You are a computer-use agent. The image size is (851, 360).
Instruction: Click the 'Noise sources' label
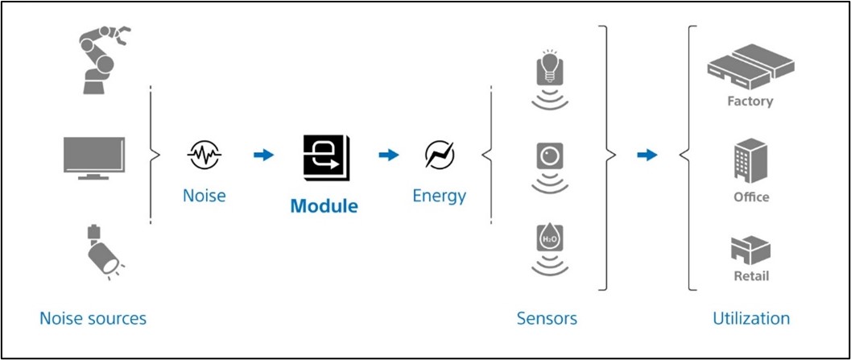(x=93, y=318)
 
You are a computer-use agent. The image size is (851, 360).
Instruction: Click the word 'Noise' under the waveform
(x=204, y=196)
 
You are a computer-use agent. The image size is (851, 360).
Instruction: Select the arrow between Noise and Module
(x=263, y=155)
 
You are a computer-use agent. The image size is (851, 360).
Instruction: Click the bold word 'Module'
(x=324, y=205)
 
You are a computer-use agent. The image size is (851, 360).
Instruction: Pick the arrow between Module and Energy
(x=389, y=155)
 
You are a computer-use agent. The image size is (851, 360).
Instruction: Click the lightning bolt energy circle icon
(x=440, y=155)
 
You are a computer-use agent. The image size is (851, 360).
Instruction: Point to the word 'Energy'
(x=439, y=196)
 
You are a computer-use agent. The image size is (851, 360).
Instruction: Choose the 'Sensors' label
(x=547, y=318)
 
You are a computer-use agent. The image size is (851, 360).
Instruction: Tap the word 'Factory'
(x=750, y=101)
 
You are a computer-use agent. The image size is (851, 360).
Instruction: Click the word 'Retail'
(x=750, y=276)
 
